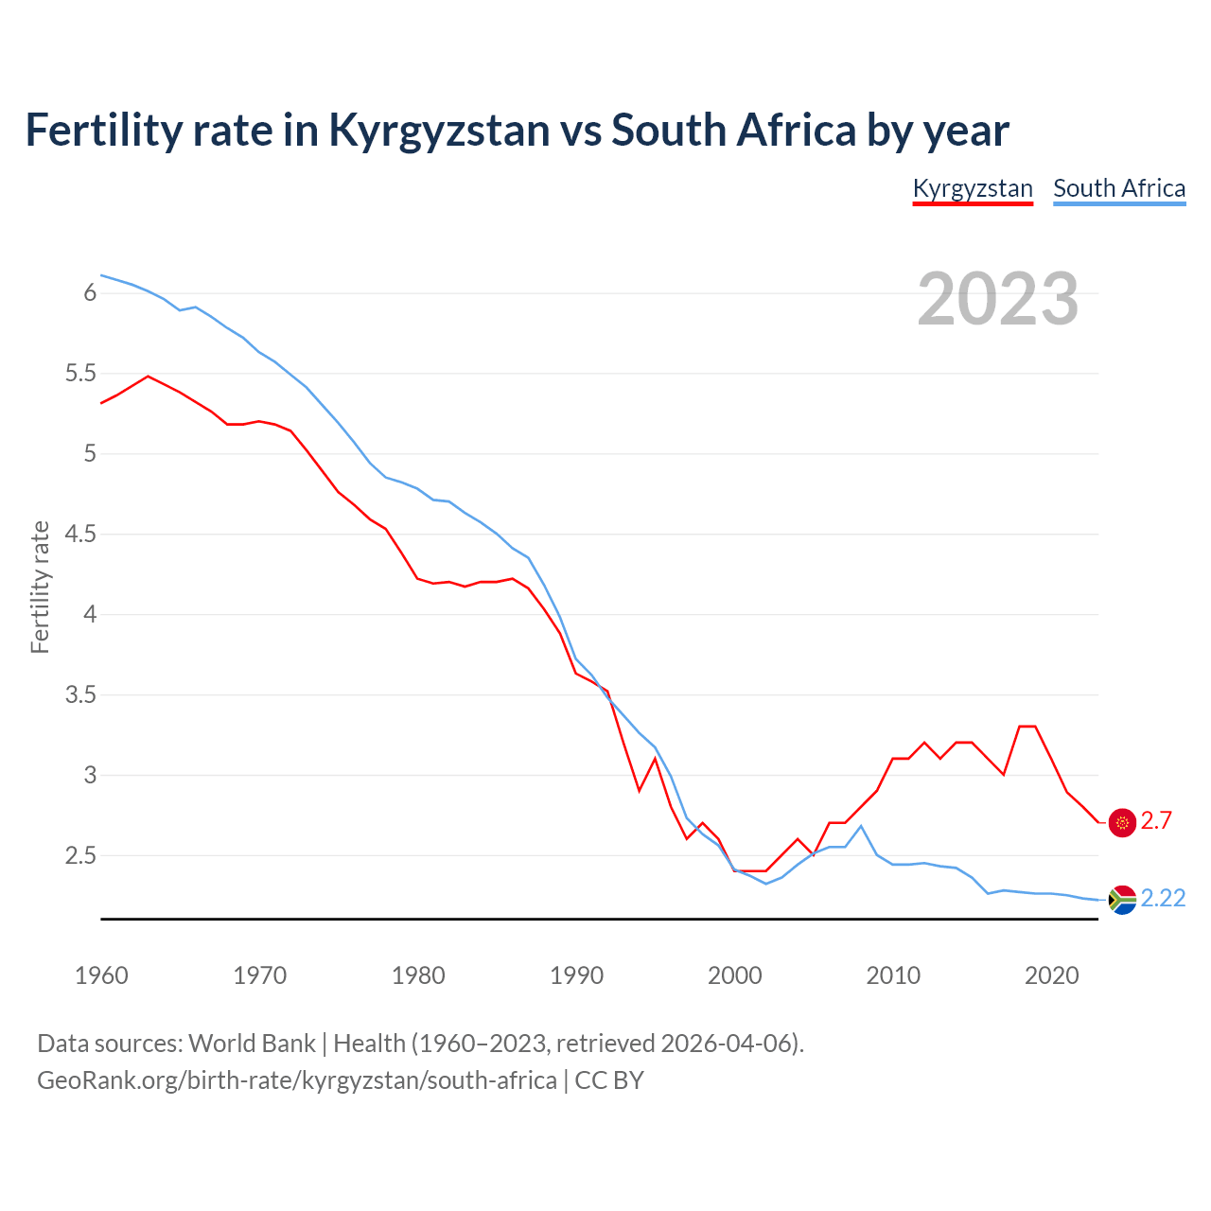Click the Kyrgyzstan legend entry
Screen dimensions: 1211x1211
(972, 188)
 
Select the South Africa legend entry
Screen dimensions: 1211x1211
(1119, 188)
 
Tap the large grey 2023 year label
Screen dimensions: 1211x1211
(997, 299)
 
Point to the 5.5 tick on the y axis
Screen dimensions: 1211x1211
(80, 374)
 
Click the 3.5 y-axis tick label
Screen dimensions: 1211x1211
(80, 695)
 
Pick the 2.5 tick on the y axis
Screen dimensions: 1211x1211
(80, 856)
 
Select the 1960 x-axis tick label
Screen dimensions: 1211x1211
(101, 975)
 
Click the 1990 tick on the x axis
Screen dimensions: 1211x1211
(576, 975)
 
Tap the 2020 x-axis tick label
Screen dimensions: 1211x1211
(1051, 975)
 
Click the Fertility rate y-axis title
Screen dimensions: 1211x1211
(40, 587)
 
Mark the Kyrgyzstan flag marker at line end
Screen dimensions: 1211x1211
(1122, 823)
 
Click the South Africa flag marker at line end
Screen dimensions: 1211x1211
(1122, 900)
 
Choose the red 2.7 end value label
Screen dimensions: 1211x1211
(1156, 821)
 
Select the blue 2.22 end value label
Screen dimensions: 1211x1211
(1163, 898)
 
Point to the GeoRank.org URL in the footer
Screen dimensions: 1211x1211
(296, 1080)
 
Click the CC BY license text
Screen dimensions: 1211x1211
(609, 1080)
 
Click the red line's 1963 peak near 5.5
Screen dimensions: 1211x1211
(149, 376)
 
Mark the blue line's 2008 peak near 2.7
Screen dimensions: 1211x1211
(861, 826)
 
